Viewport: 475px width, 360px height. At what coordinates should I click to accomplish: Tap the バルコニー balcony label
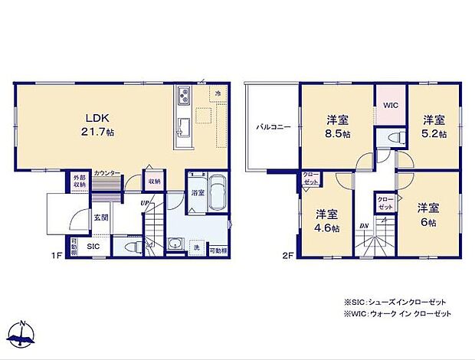point(272,127)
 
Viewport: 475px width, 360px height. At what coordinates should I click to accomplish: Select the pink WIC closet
point(390,105)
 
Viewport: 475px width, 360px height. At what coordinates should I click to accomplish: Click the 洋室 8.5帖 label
point(338,126)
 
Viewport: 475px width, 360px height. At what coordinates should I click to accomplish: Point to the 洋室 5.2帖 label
point(434,126)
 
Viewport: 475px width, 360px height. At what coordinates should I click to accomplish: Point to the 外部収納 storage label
point(80,180)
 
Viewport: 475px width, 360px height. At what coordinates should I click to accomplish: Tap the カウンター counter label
point(106,174)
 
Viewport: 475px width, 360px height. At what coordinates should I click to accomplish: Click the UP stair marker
point(144,202)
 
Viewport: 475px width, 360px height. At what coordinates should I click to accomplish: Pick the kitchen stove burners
point(184,97)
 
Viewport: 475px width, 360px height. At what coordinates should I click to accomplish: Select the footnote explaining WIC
point(397,314)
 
